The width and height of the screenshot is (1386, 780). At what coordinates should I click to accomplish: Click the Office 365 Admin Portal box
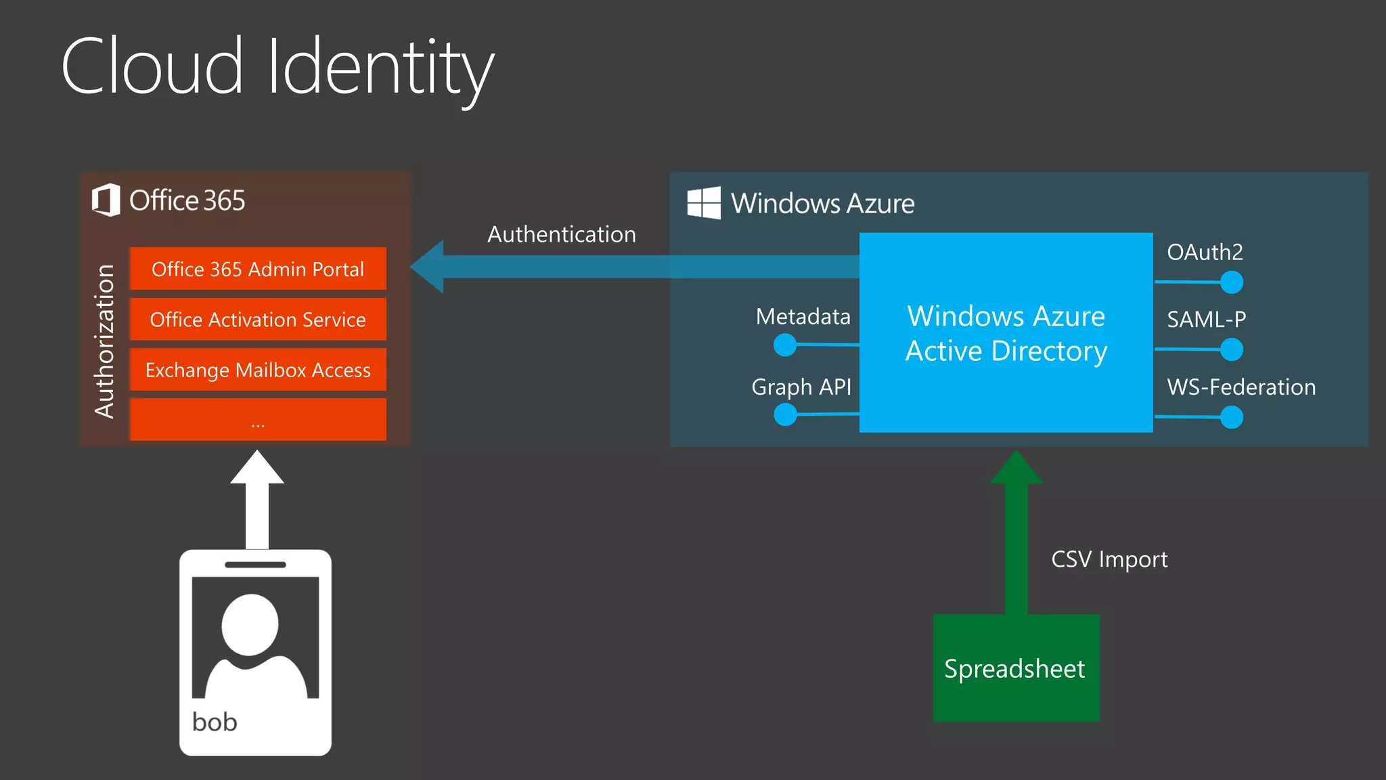pyautogui.click(x=258, y=269)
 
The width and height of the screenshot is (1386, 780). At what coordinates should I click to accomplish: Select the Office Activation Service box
pyautogui.click(x=258, y=319)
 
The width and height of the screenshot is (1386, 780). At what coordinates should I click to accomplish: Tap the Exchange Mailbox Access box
pyautogui.click(x=258, y=370)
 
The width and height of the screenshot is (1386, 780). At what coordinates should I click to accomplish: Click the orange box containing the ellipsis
pyautogui.click(x=258, y=420)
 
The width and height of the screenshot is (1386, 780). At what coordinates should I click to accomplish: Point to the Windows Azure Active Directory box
pyautogui.click(x=1006, y=332)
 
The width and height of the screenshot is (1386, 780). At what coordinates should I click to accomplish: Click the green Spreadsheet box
pyautogui.click(x=1016, y=668)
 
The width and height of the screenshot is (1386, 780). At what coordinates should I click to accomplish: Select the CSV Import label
pyautogui.click(x=1109, y=559)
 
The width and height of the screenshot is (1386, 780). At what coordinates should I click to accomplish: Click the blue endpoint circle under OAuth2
pyautogui.click(x=1231, y=282)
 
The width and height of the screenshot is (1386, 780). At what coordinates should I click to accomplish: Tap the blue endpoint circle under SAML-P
pyautogui.click(x=1231, y=349)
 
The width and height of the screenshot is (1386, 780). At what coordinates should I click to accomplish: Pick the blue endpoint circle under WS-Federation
pyautogui.click(x=1231, y=417)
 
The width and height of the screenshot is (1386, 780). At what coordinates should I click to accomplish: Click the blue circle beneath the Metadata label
pyautogui.click(x=785, y=345)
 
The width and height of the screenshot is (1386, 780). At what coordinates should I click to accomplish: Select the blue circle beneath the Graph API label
pyautogui.click(x=785, y=414)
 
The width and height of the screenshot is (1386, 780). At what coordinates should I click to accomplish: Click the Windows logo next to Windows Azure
pyautogui.click(x=704, y=203)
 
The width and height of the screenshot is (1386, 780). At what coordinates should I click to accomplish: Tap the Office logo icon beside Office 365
pyautogui.click(x=106, y=200)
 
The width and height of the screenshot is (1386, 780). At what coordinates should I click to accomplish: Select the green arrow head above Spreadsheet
pyautogui.click(x=1016, y=469)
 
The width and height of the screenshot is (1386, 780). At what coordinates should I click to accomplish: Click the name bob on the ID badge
pyautogui.click(x=215, y=722)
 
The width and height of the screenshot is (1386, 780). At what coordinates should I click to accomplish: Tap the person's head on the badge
pyautogui.click(x=250, y=624)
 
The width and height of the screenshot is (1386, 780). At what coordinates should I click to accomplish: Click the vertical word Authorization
pyautogui.click(x=105, y=341)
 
